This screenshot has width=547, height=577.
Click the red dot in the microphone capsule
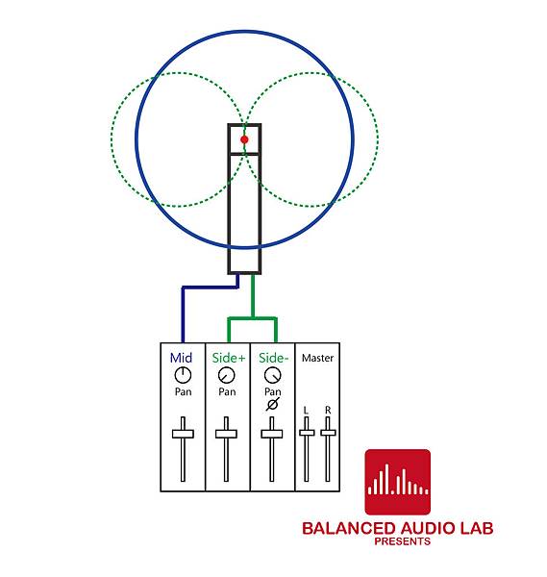pyautogui.click(x=244, y=139)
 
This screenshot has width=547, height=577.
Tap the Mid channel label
pyautogui.click(x=181, y=358)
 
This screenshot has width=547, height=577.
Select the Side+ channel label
pyautogui.click(x=229, y=358)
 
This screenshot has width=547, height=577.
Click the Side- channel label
pyautogui.click(x=274, y=358)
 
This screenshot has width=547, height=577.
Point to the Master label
pyautogui.click(x=317, y=358)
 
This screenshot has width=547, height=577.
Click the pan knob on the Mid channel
pyautogui.click(x=183, y=375)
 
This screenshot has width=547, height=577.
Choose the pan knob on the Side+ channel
pyautogui.click(x=226, y=375)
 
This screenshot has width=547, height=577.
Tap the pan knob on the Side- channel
pyautogui.click(x=273, y=375)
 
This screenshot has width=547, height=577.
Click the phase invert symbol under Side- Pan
pyautogui.click(x=273, y=404)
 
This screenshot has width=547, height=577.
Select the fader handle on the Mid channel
pyautogui.click(x=183, y=434)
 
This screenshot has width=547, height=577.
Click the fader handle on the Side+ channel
pyautogui.click(x=226, y=434)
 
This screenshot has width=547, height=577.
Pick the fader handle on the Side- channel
pyautogui.click(x=272, y=434)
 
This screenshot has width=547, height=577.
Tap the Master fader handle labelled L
pyautogui.click(x=307, y=433)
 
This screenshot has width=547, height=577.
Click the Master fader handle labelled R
pyautogui.click(x=328, y=433)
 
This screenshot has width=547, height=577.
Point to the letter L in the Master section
pyautogui.click(x=306, y=411)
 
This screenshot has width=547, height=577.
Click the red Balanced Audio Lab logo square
pyautogui.click(x=398, y=482)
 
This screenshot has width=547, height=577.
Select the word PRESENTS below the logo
pyautogui.click(x=403, y=541)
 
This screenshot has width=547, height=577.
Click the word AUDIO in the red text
pyautogui.click(x=428, y=528)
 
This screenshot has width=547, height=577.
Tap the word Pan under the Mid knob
pyautogui.click(x=184, y=391)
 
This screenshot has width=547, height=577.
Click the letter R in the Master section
pyautogui.click(x=328, y=410)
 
